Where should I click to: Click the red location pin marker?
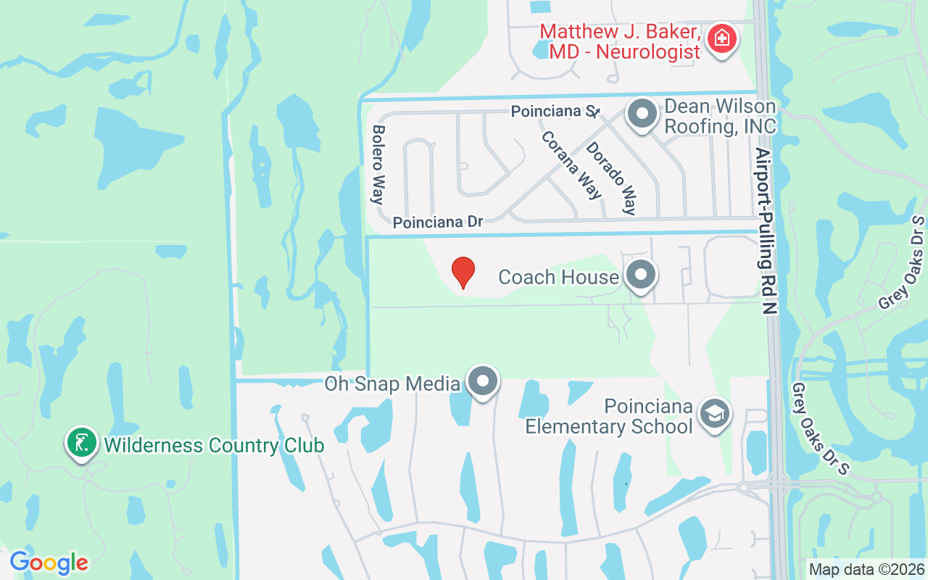click(463, 273)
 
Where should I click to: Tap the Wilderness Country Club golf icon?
click(82, 442)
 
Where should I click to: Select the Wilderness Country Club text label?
click(214, 444)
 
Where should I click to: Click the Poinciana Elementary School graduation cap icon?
click(714, 414)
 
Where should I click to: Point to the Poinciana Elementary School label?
click(609, 416)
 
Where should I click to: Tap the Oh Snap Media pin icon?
click(483, 381)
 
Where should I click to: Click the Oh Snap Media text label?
click(392, 384)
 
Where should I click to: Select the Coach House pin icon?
click(641, 275)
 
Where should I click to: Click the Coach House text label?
click(558, 277)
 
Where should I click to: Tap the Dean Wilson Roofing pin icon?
click(642, 114)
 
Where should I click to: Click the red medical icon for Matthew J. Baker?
click(721, 38)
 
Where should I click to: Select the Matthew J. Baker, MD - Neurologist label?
click(621, 41)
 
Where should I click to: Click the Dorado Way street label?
click(611, 178)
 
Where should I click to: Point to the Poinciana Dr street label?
click(438, 222)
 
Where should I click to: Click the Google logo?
click(49, 563)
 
